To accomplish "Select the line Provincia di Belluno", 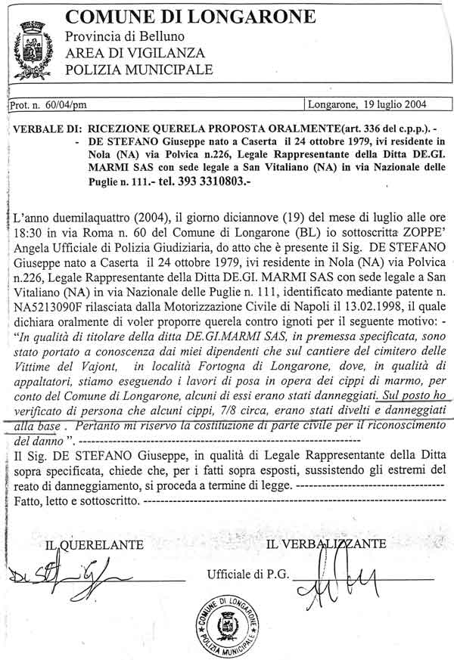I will tap(124, 37).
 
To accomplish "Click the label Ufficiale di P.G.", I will tap(248, 575).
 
